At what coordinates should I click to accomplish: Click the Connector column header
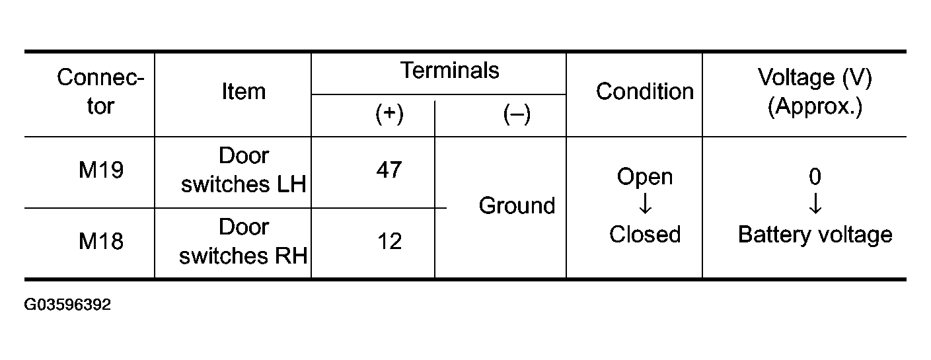[100, 91]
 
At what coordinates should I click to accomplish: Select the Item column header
[244, 91]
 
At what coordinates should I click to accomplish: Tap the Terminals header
[450, 70]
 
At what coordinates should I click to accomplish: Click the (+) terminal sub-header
[389, 114]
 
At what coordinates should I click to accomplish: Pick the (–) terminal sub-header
[517, 114]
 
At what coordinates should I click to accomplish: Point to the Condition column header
[645, 91]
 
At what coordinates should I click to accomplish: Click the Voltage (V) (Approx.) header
[815, 92]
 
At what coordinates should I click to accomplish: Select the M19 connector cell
[101, 170]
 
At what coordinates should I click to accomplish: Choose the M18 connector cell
[101, 241]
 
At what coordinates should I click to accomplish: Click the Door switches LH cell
[244, 170]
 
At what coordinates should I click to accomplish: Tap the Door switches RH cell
[244, 241]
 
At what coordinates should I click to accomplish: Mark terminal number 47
[389, 170]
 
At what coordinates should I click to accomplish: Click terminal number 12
[389, 241]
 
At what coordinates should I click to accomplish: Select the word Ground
[517, 205]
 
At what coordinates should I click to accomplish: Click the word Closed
[645, 234]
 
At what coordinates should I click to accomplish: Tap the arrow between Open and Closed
[645, 203]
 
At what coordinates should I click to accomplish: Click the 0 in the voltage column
[815, 176]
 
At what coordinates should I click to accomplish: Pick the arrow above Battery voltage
[815, 203]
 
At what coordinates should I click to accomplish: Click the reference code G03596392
[67, 305]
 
